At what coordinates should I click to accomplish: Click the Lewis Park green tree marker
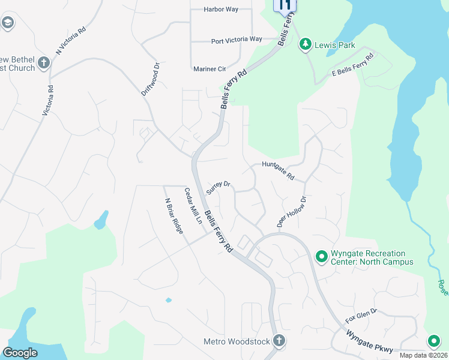point(306,44)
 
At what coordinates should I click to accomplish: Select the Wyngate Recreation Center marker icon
point(321,257)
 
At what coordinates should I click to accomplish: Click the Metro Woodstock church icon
point(279,341)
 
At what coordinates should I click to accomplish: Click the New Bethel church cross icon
point(43,62)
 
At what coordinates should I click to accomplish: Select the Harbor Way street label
point(221,10)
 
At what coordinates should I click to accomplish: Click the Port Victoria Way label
point(237,40)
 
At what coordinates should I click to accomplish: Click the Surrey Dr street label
point(218,188)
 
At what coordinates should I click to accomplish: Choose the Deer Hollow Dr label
point(292,211)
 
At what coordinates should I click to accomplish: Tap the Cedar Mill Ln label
point(193,206)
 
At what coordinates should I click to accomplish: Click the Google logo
point(20,352)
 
